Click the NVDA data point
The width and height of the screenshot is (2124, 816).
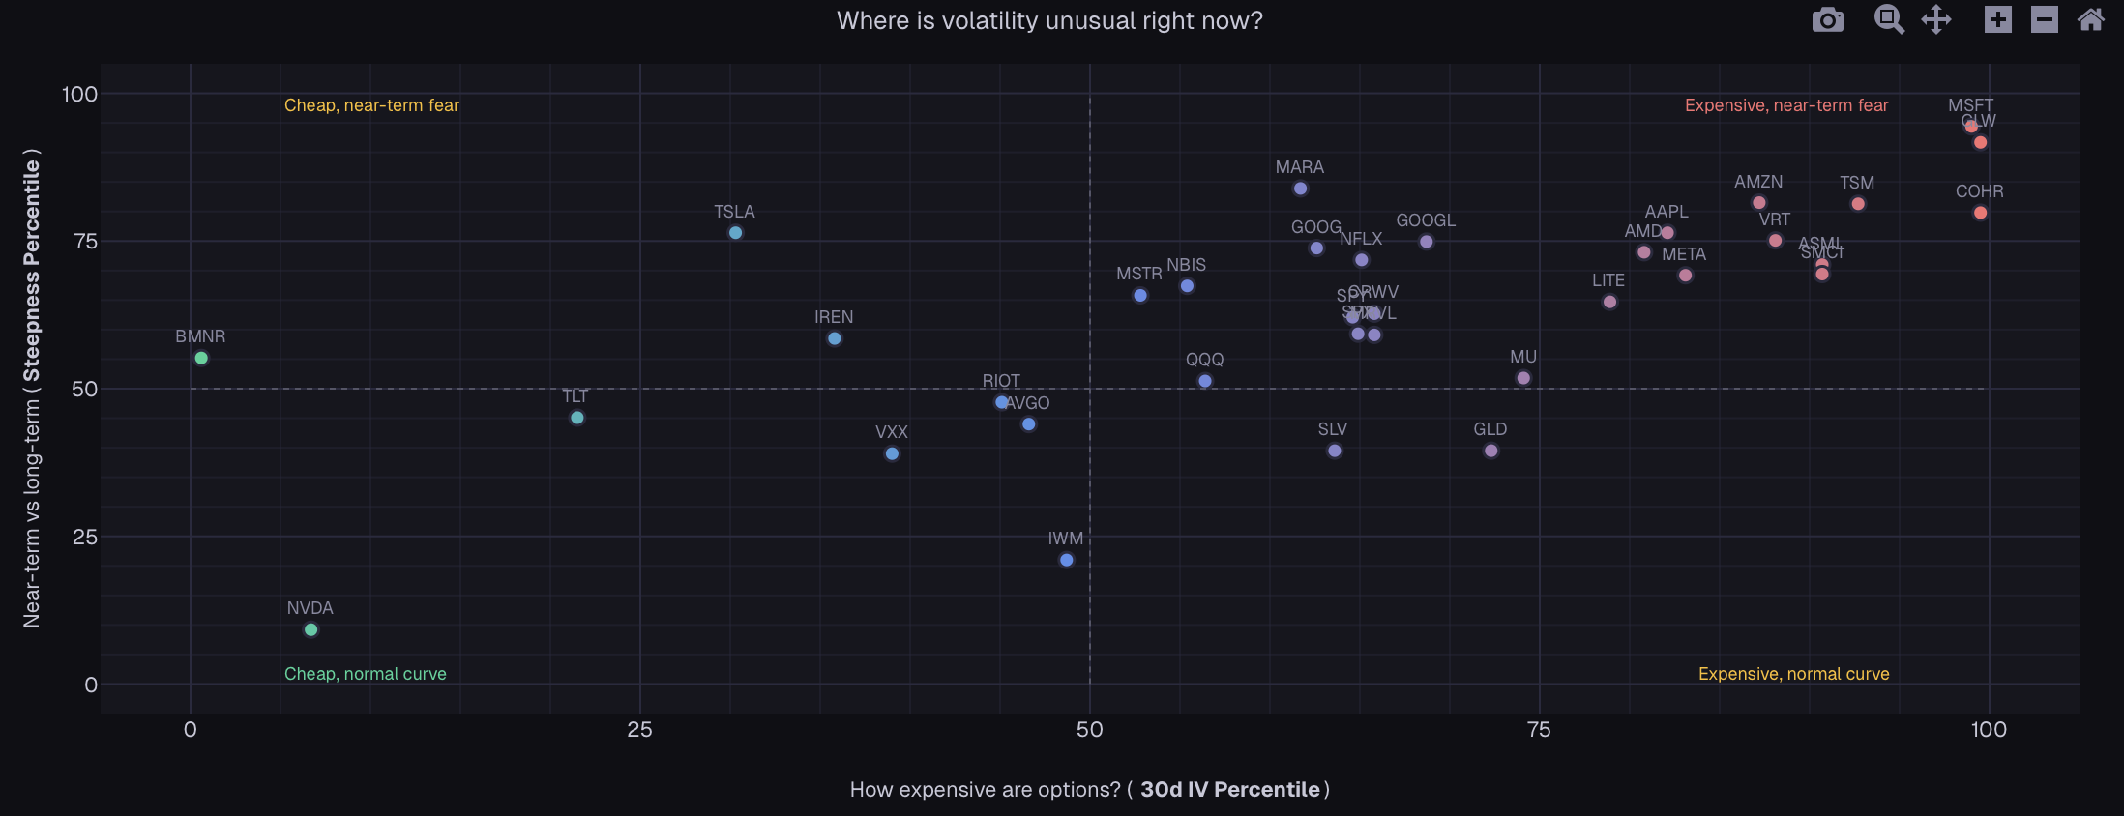click(310, 629)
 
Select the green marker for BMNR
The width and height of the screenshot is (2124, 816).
click(201, 358)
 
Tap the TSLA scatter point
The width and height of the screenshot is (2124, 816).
click(735, 233)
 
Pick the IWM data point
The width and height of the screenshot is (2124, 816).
click(1066, 560)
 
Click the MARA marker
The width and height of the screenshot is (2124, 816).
click(1300, 189)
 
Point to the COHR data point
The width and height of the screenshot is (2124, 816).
click(1980, 213)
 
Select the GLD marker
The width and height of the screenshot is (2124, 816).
click(1490, 451)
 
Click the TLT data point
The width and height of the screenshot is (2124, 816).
click(576, 418)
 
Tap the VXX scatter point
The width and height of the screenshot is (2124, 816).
click(892, 453)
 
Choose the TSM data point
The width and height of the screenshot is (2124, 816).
click(1857, 204)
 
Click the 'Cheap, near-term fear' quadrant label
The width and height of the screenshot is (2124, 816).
click(371, 105)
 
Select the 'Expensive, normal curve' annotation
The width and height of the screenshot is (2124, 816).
click(1793, 674)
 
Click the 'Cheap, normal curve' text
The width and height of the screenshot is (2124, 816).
click(366, 674)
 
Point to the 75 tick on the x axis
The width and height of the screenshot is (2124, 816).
click(1538, 730)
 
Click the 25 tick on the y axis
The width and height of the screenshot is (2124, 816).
click(85, 537)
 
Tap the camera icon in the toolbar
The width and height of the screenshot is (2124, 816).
click(1827, 19)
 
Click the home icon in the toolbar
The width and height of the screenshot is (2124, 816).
click(2090, 19)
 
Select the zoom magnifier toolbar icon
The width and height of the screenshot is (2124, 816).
click(1888, 19)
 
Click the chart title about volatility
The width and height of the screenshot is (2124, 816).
click(1049, 21)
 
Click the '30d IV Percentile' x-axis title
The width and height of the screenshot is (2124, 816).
click(1229, 789)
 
